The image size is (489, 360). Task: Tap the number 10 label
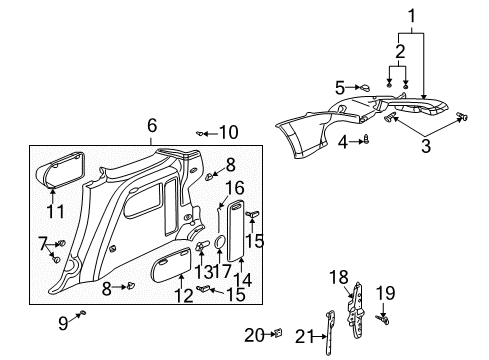pos(229,132)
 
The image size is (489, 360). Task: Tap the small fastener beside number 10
pos(203,132)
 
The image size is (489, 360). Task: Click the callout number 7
pos(45,243)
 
